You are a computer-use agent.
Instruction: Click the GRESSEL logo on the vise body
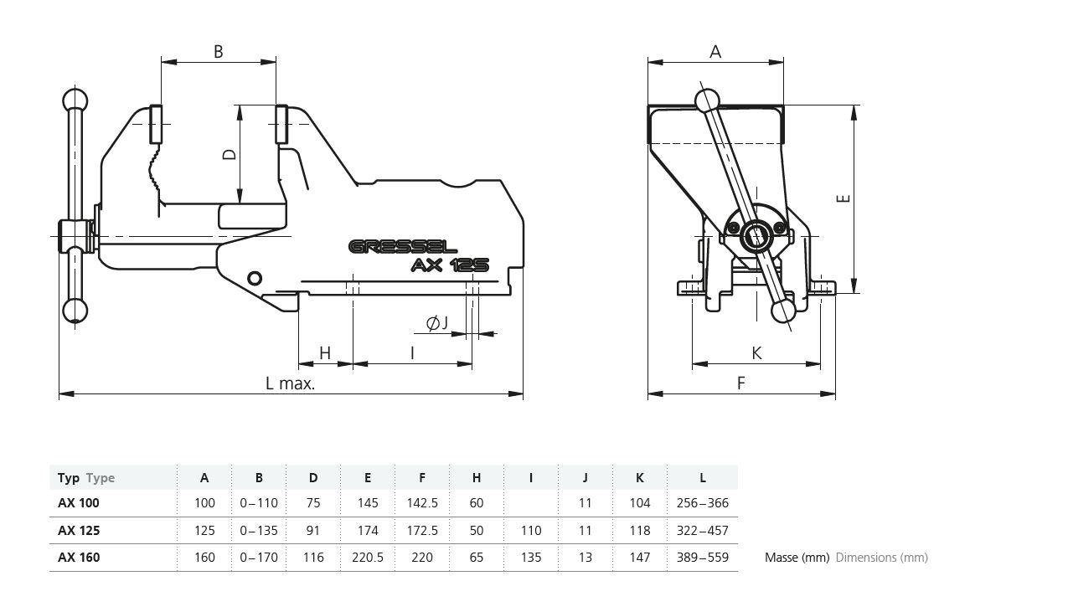tap(402, 247)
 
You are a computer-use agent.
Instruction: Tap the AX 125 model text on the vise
tap(450, 265)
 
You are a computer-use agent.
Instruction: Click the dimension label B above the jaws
tap(218, 52)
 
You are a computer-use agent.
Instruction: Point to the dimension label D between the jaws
tap(228, 154)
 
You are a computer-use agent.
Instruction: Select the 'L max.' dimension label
tap(290, 383)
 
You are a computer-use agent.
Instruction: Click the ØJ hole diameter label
tap(437, 323)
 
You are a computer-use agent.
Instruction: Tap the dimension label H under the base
tap(325, 353)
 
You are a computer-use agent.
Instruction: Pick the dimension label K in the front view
tap(756, 353)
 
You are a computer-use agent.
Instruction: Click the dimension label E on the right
tap(844, 198)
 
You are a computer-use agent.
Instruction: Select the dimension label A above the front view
tap(715, 52)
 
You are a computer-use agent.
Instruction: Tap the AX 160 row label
tap(79, 558)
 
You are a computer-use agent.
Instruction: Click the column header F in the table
tap(422, 478)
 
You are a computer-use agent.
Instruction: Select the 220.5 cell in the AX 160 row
tap(368, 558)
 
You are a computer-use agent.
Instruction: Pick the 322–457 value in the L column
tap(702, 531)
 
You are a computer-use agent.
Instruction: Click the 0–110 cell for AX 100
tap(259, 503)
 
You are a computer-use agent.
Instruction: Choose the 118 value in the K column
tap(639, 531)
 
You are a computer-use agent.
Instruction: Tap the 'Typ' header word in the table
tap(69, 478)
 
